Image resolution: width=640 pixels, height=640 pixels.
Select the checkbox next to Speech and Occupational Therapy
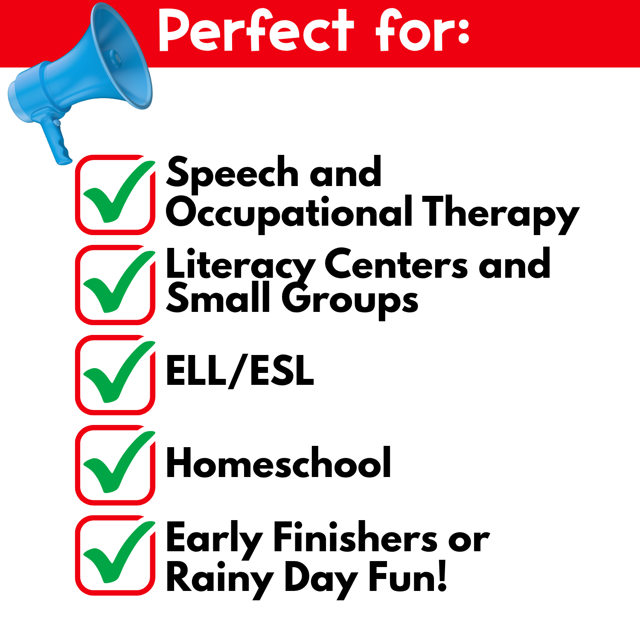point(115,195)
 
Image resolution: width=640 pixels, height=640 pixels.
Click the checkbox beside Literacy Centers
point(115,285)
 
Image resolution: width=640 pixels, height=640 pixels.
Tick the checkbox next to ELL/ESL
point(115,375)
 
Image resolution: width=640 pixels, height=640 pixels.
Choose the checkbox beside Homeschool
point(115,465)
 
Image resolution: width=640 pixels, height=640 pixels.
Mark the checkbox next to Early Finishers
point(115,555)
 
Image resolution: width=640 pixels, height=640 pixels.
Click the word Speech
point(233,173)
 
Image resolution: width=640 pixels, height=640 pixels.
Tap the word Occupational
point(289,213)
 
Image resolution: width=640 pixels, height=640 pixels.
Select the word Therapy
point(500,213)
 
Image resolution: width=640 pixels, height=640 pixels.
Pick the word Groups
point(350,301)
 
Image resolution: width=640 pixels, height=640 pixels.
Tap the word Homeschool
point(278,463)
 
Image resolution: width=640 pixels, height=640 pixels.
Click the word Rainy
point(220,578)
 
